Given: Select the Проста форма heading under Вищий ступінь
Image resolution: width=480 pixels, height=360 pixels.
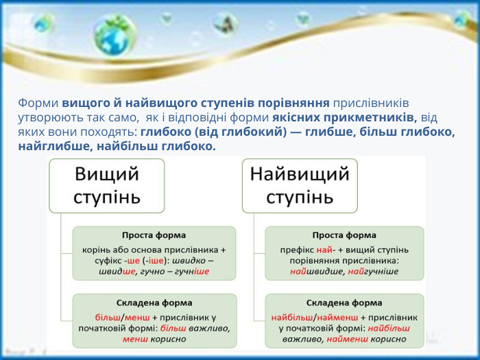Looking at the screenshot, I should tap(154, 235).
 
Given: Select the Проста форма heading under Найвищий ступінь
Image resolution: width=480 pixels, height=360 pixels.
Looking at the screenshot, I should tap(344, 235).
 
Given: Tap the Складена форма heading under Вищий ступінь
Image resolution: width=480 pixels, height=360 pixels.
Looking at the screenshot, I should tap(154, 302).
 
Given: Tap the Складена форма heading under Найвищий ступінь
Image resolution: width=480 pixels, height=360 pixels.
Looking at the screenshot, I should tap(344, 302).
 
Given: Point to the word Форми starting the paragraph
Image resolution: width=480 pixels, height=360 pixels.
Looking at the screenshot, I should tap(38, 104).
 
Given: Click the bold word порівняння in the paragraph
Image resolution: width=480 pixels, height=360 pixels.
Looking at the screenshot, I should tap(292, 104).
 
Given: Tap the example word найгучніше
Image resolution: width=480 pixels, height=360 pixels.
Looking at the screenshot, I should tap(374, 272).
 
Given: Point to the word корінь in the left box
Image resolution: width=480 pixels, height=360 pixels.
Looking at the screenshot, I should tap(96, 249).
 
